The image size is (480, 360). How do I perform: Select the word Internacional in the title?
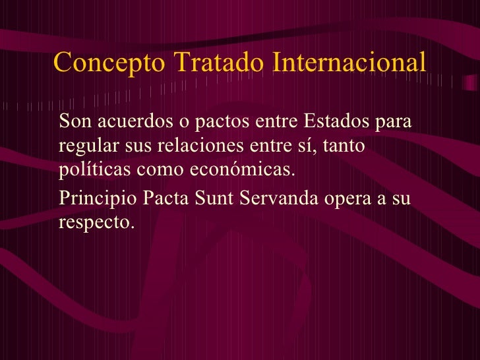[347, 63]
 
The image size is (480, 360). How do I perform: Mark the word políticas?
[95, 169]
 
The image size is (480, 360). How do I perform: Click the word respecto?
[96, 223]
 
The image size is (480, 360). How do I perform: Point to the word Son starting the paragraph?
[73, 122]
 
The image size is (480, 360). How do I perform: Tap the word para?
[393, 122]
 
